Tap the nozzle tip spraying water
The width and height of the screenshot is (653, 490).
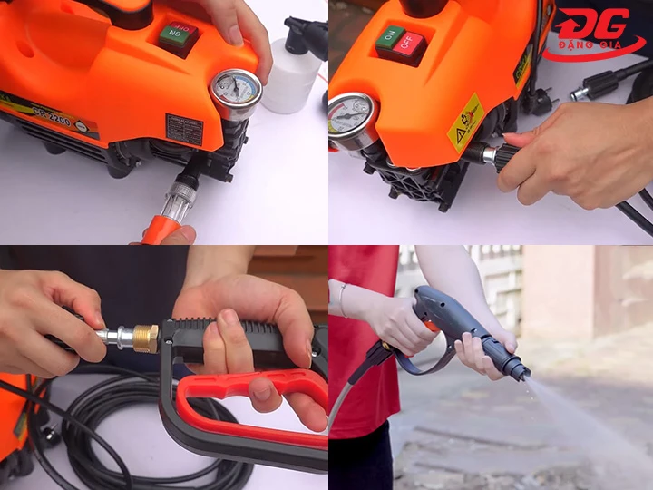[x=517, y=369]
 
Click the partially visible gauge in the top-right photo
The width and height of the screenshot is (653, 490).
[x=350, y=118]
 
